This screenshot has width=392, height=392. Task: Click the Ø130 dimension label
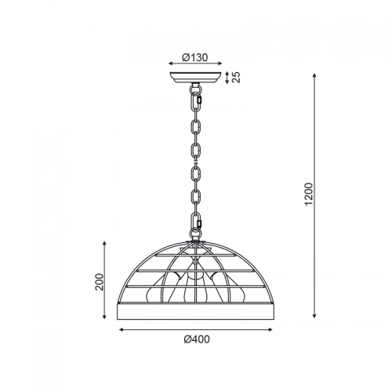(x=195, y=57)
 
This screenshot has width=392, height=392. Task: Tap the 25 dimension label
(x=237, y=78)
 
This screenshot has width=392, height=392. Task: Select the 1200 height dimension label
(x=309, y=194)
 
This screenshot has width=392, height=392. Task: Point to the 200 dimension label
(x=100, y=281)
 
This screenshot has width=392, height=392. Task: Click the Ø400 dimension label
(x=197, y=339)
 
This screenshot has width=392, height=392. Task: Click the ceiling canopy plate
(x=195, y=78)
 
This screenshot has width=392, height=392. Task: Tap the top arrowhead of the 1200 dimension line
(x=314, y=75)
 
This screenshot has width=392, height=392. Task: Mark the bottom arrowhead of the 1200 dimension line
(x=314, y=316)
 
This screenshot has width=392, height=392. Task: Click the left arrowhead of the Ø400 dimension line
(x=121, y=330)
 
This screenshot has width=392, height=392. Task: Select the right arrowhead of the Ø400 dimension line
(x=270, y=330)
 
